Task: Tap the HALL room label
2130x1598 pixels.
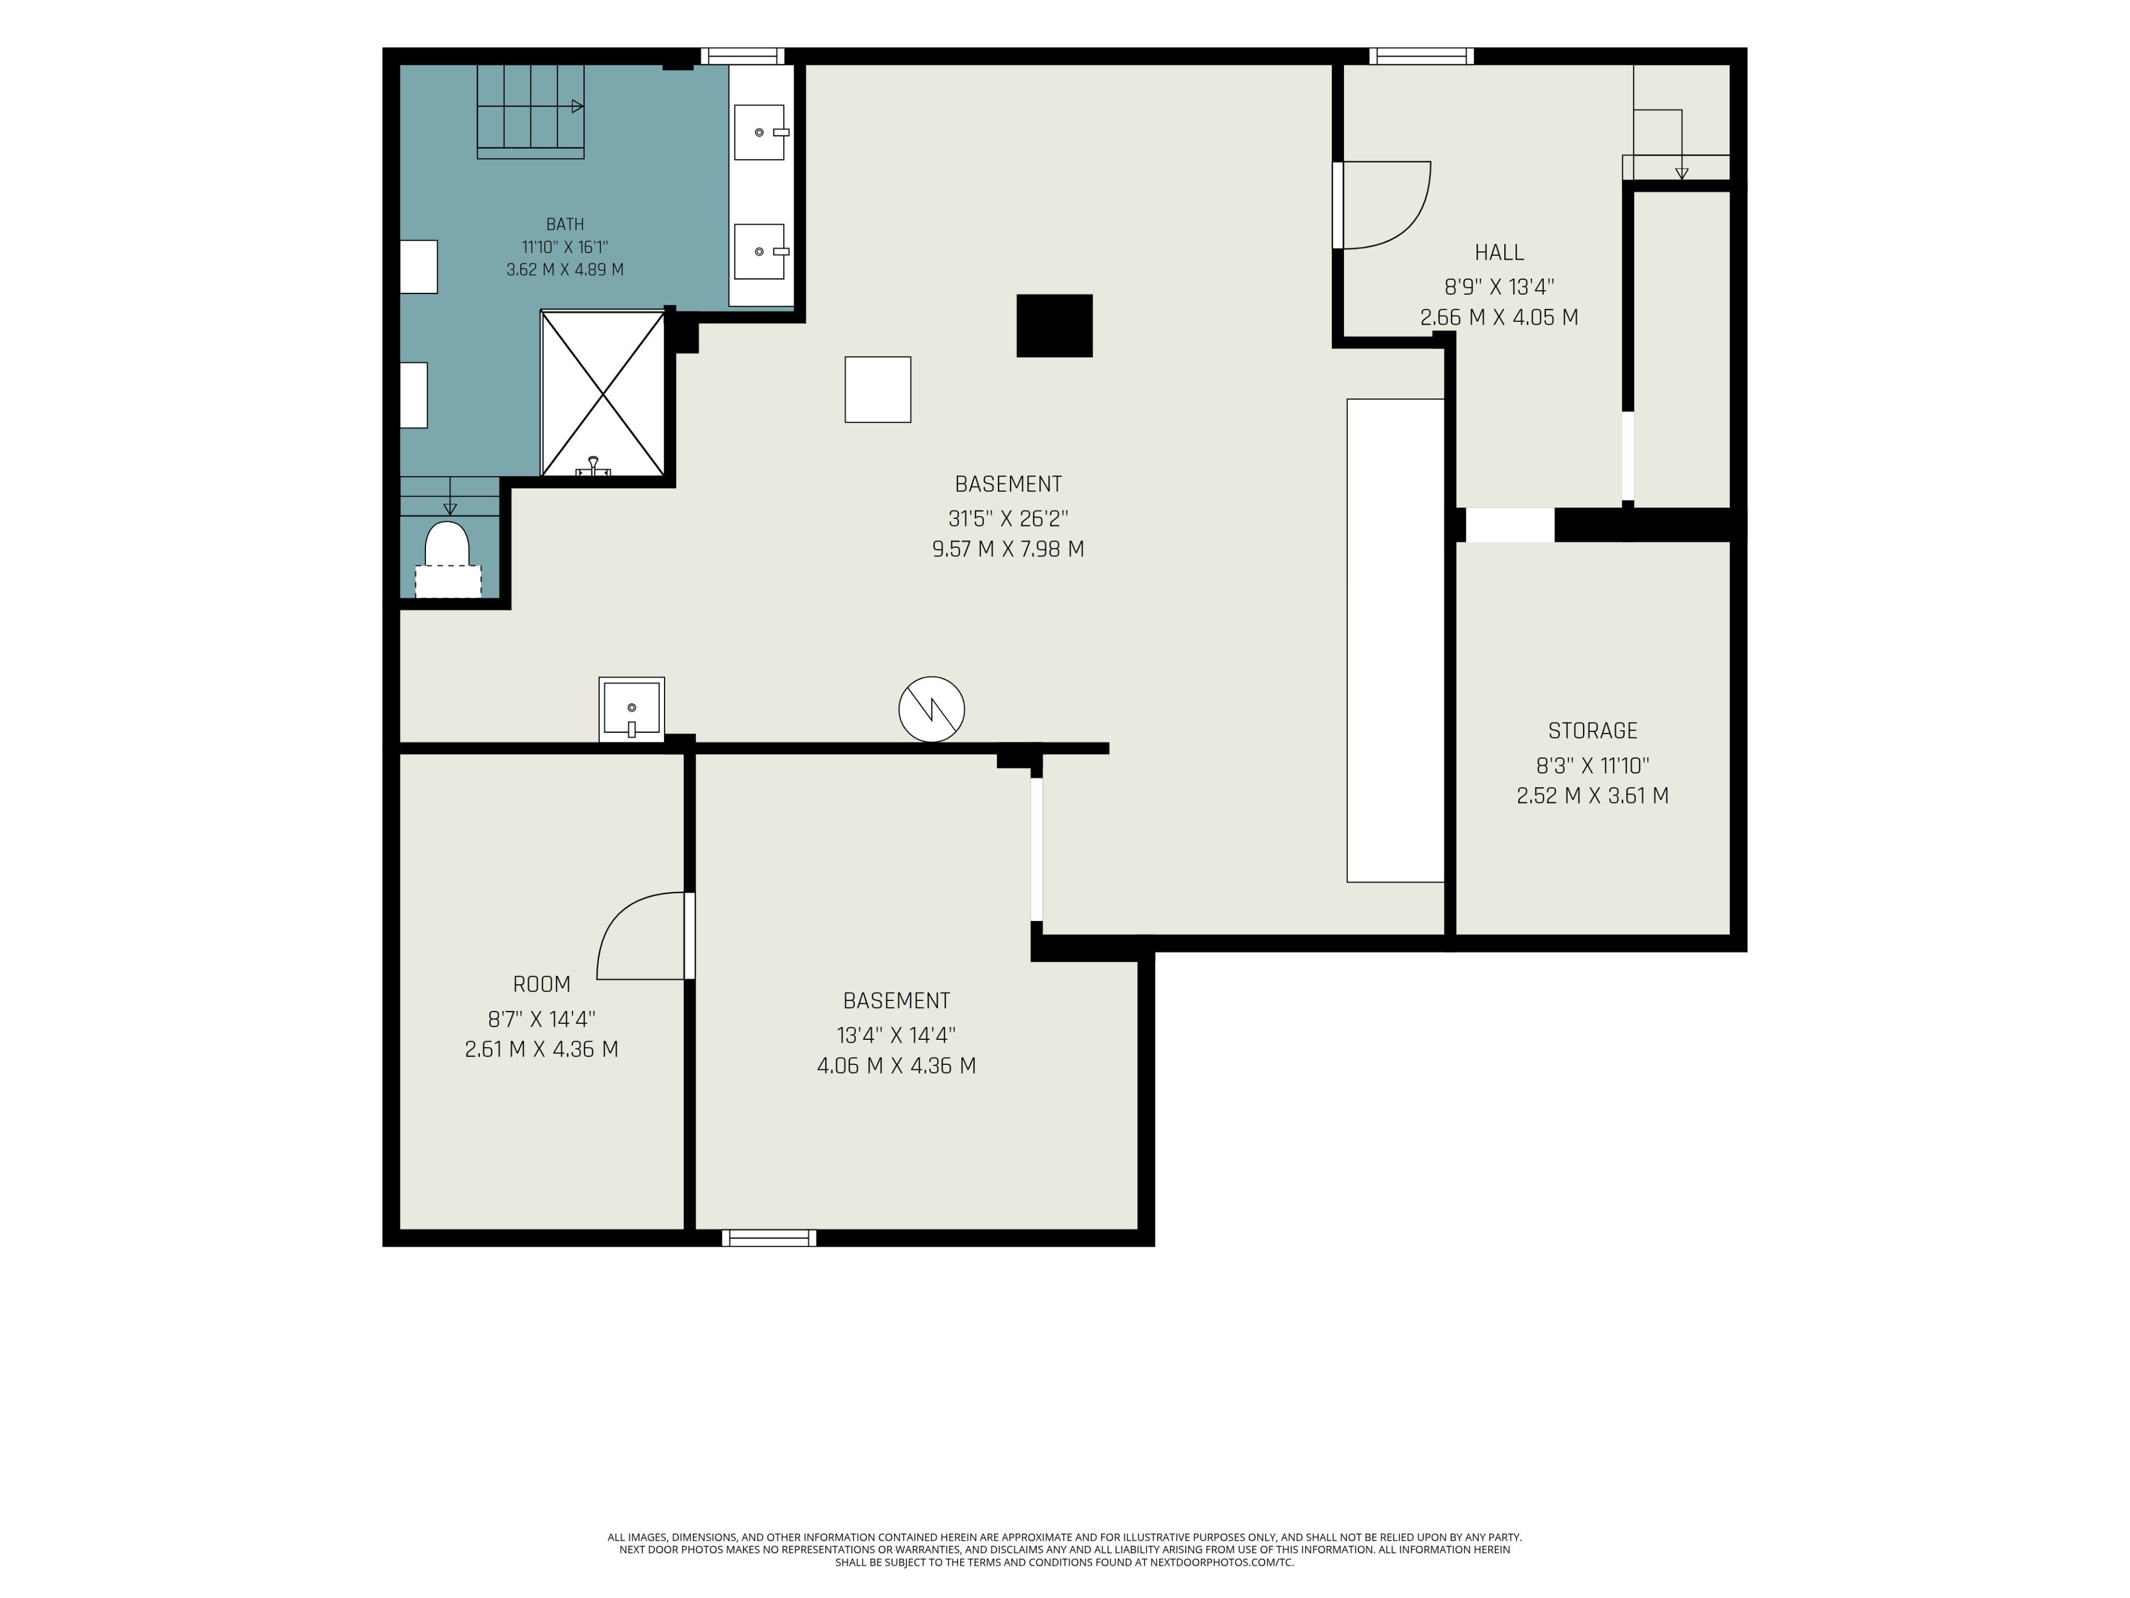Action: click(x=1499, y=252)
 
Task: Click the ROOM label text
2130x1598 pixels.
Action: click(x=541, y=984)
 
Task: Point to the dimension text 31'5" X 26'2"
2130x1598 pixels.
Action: click(x=1008, y=518)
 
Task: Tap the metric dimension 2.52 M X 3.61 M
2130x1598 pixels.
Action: click(x=1593, y=796)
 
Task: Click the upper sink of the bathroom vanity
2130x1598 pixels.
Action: click(x=760, y=132)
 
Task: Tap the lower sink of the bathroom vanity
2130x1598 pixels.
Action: click(x=760, y=251)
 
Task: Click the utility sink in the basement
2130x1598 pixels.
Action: click(x=632, y=710)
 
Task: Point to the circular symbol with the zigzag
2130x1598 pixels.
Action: click(x=931, y=710)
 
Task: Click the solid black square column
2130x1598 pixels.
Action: click(x=1054, y=326)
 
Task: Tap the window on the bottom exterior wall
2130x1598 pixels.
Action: click(x=769, y=1238)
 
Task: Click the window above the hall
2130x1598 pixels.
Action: click(x=1421, y=56)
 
